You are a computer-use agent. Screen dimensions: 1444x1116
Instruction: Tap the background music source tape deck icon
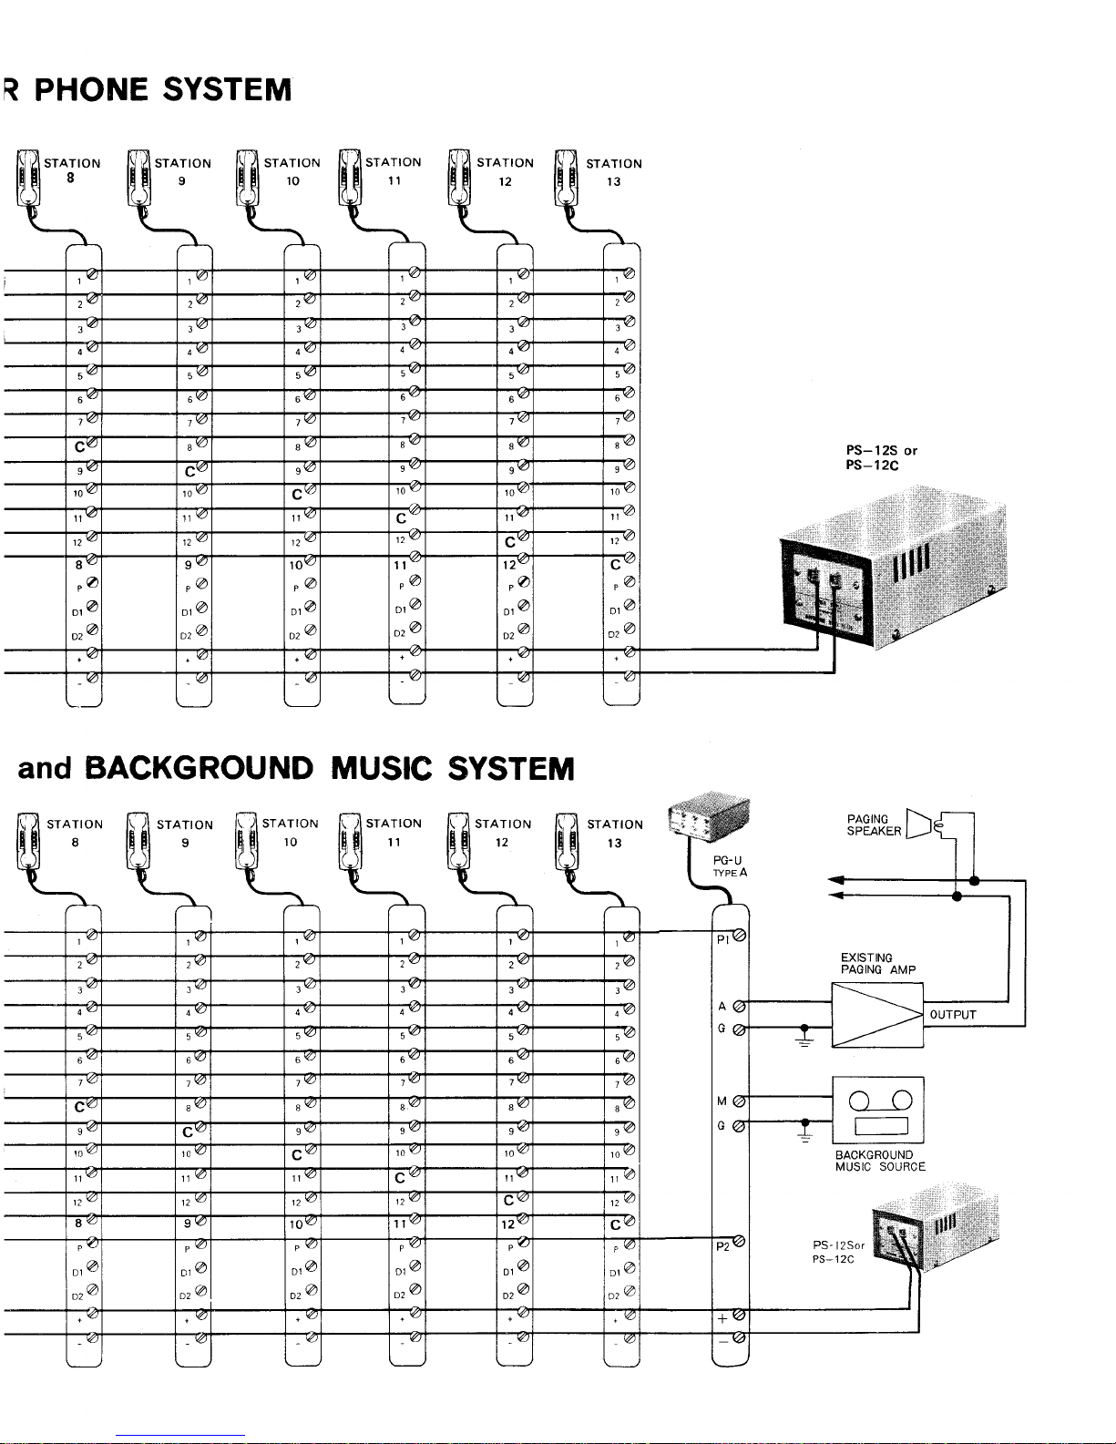tap(878, 1109)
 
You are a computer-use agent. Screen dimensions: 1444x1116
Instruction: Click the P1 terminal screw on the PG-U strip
tap(739, 936)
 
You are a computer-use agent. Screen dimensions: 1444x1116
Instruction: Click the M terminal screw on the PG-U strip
tap(739, 1101)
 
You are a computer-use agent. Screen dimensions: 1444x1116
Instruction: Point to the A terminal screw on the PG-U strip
tap(739, 1007)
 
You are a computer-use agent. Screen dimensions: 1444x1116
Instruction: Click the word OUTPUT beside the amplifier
tap(953, 1015)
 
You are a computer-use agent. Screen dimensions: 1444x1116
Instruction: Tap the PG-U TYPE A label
tap(730, 865)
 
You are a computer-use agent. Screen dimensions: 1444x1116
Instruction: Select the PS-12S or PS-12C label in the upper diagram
tap(881, 457)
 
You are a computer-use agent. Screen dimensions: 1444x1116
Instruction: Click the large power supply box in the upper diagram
tap(893, 574)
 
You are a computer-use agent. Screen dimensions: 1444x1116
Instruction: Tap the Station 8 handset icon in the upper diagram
tap(27, 179)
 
